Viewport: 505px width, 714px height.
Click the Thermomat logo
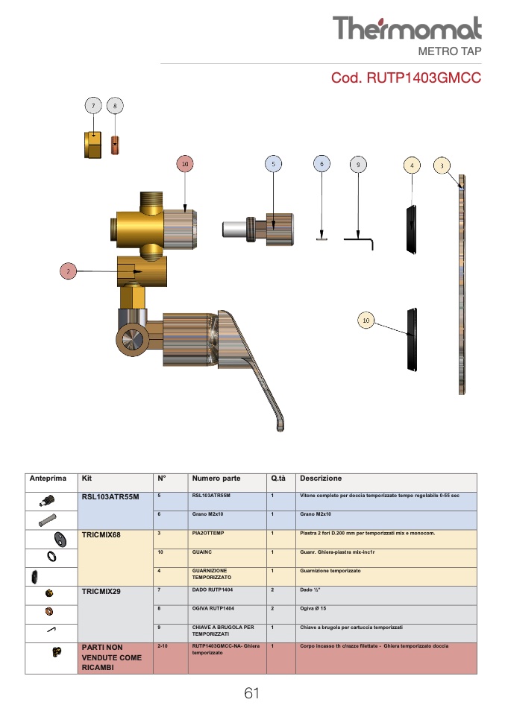pyautogui.click(x=407, y=28)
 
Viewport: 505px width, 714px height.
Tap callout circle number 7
pyautogui.click(x=93, y=106)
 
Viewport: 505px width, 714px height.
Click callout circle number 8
pyautogui.click(x=115, y=106)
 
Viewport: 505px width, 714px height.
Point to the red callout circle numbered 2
pyautogui.click(x=69, y=271)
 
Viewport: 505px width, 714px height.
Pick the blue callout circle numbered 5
pyautogui.click(x=274, y=164)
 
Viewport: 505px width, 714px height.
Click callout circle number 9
pyautogui.click(x=358, y=165)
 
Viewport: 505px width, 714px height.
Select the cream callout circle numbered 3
pyautogui.click(x=442, y=165)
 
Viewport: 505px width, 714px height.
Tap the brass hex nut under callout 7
pyautogui.click(x=93, y=145)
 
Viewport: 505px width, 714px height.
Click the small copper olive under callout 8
pyautogui.click(x=115, y=145)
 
